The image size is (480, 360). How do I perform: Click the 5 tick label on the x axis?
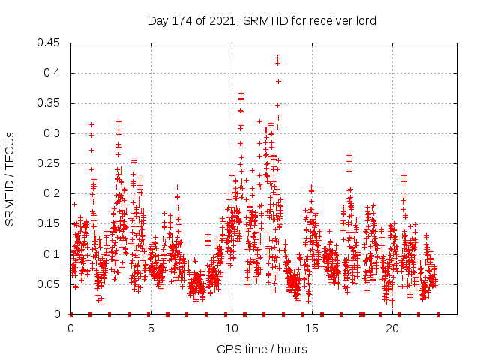[x=151, y=328]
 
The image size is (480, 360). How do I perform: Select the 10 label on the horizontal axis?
[x=231, y=328]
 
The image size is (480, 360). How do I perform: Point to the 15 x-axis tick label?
[x=311, y=328]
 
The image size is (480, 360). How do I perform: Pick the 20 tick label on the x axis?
[x=391, y=328]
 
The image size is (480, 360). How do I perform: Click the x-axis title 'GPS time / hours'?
[x=262, y=349]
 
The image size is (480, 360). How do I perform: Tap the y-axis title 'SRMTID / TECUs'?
[x=10, y=178]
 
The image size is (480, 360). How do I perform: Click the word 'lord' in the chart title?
[x=364, y=20]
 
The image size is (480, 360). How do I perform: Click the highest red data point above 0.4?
[x=277, y=58]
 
